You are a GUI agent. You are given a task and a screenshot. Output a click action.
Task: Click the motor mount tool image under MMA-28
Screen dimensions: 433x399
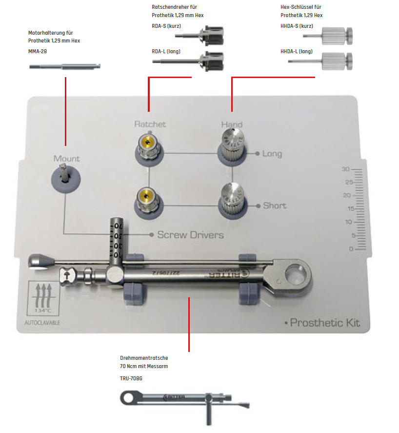click(x=65, y=66)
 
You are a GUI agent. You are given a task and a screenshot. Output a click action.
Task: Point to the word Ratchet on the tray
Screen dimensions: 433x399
click(x=150, y=124)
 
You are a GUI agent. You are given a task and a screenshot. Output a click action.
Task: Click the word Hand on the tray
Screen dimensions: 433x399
click(x=232, y=125)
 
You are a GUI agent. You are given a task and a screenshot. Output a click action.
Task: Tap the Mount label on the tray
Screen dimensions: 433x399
click(x=66, y=159)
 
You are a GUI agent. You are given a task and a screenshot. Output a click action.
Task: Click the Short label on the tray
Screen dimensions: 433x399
click(x=274, y=206)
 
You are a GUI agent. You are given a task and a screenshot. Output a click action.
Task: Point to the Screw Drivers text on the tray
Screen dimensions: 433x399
click(x=190, y=235)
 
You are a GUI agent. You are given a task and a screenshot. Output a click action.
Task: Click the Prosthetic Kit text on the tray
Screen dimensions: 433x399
click(x=324, y=323)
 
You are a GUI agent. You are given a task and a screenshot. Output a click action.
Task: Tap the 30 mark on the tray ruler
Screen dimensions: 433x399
click(x=346, y=169)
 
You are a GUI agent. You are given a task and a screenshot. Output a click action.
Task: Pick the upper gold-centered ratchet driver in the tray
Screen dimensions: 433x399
click(x=147, y=145)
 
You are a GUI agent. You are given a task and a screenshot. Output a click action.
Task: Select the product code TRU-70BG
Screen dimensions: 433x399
click(x=131, y=378)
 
